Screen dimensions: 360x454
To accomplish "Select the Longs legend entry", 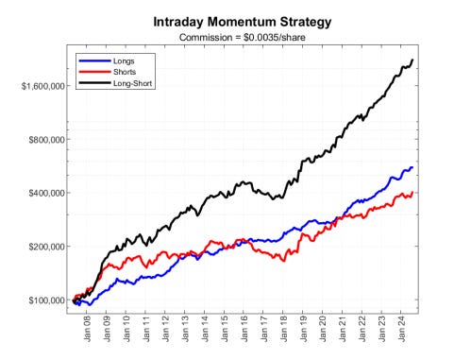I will [123, 60].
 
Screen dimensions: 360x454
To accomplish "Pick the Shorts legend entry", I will [124, 72].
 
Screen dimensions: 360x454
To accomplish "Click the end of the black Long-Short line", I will [412, 60].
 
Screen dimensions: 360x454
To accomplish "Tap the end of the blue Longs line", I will [412, 167].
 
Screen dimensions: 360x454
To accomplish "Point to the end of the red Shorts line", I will [412, 193].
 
